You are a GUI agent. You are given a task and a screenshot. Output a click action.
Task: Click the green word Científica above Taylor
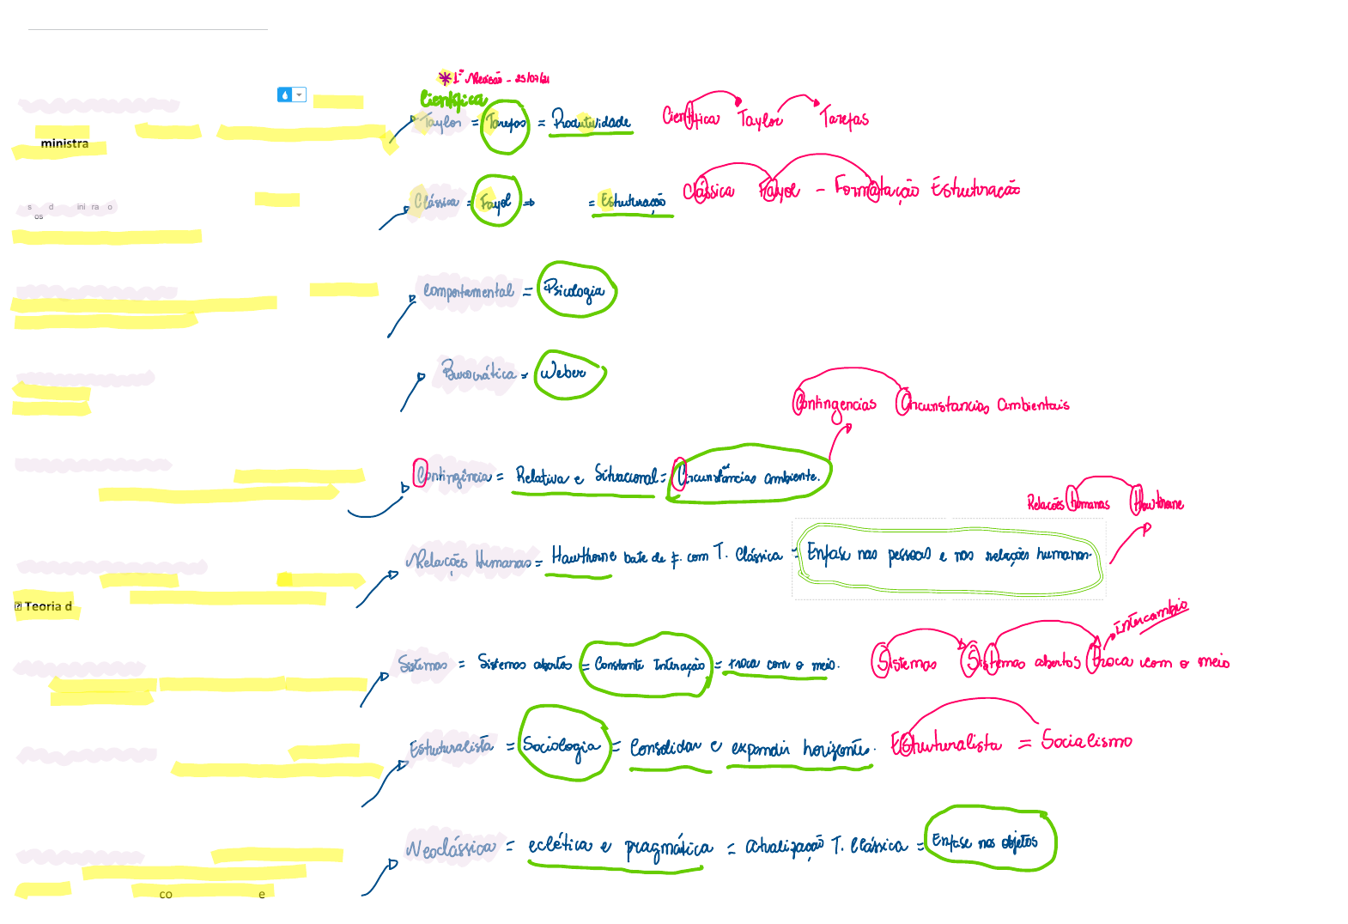pos(452,100)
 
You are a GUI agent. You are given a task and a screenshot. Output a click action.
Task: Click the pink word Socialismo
pos(1086,740)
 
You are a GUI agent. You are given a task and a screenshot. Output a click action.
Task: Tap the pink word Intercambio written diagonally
pos(1151,616)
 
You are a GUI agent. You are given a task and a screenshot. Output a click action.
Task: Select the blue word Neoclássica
pos(451,848)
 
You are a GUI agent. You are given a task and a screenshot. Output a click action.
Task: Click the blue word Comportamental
pos(468,291)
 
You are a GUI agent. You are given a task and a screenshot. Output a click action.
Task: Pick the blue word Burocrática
pos(478,373)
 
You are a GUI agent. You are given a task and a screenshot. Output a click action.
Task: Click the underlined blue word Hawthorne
pos(583,556)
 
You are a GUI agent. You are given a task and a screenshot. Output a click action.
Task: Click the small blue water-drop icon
pos(285,94)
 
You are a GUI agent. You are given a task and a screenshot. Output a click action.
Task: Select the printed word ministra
pos(64,143)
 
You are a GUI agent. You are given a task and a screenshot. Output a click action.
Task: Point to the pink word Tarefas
pos(844,118)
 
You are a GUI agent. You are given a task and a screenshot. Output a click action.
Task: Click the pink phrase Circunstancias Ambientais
pos(982,404)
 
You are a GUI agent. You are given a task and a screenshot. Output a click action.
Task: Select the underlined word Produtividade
pos(591,122)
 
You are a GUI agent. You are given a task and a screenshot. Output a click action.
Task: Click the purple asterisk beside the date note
pos(445,78)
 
